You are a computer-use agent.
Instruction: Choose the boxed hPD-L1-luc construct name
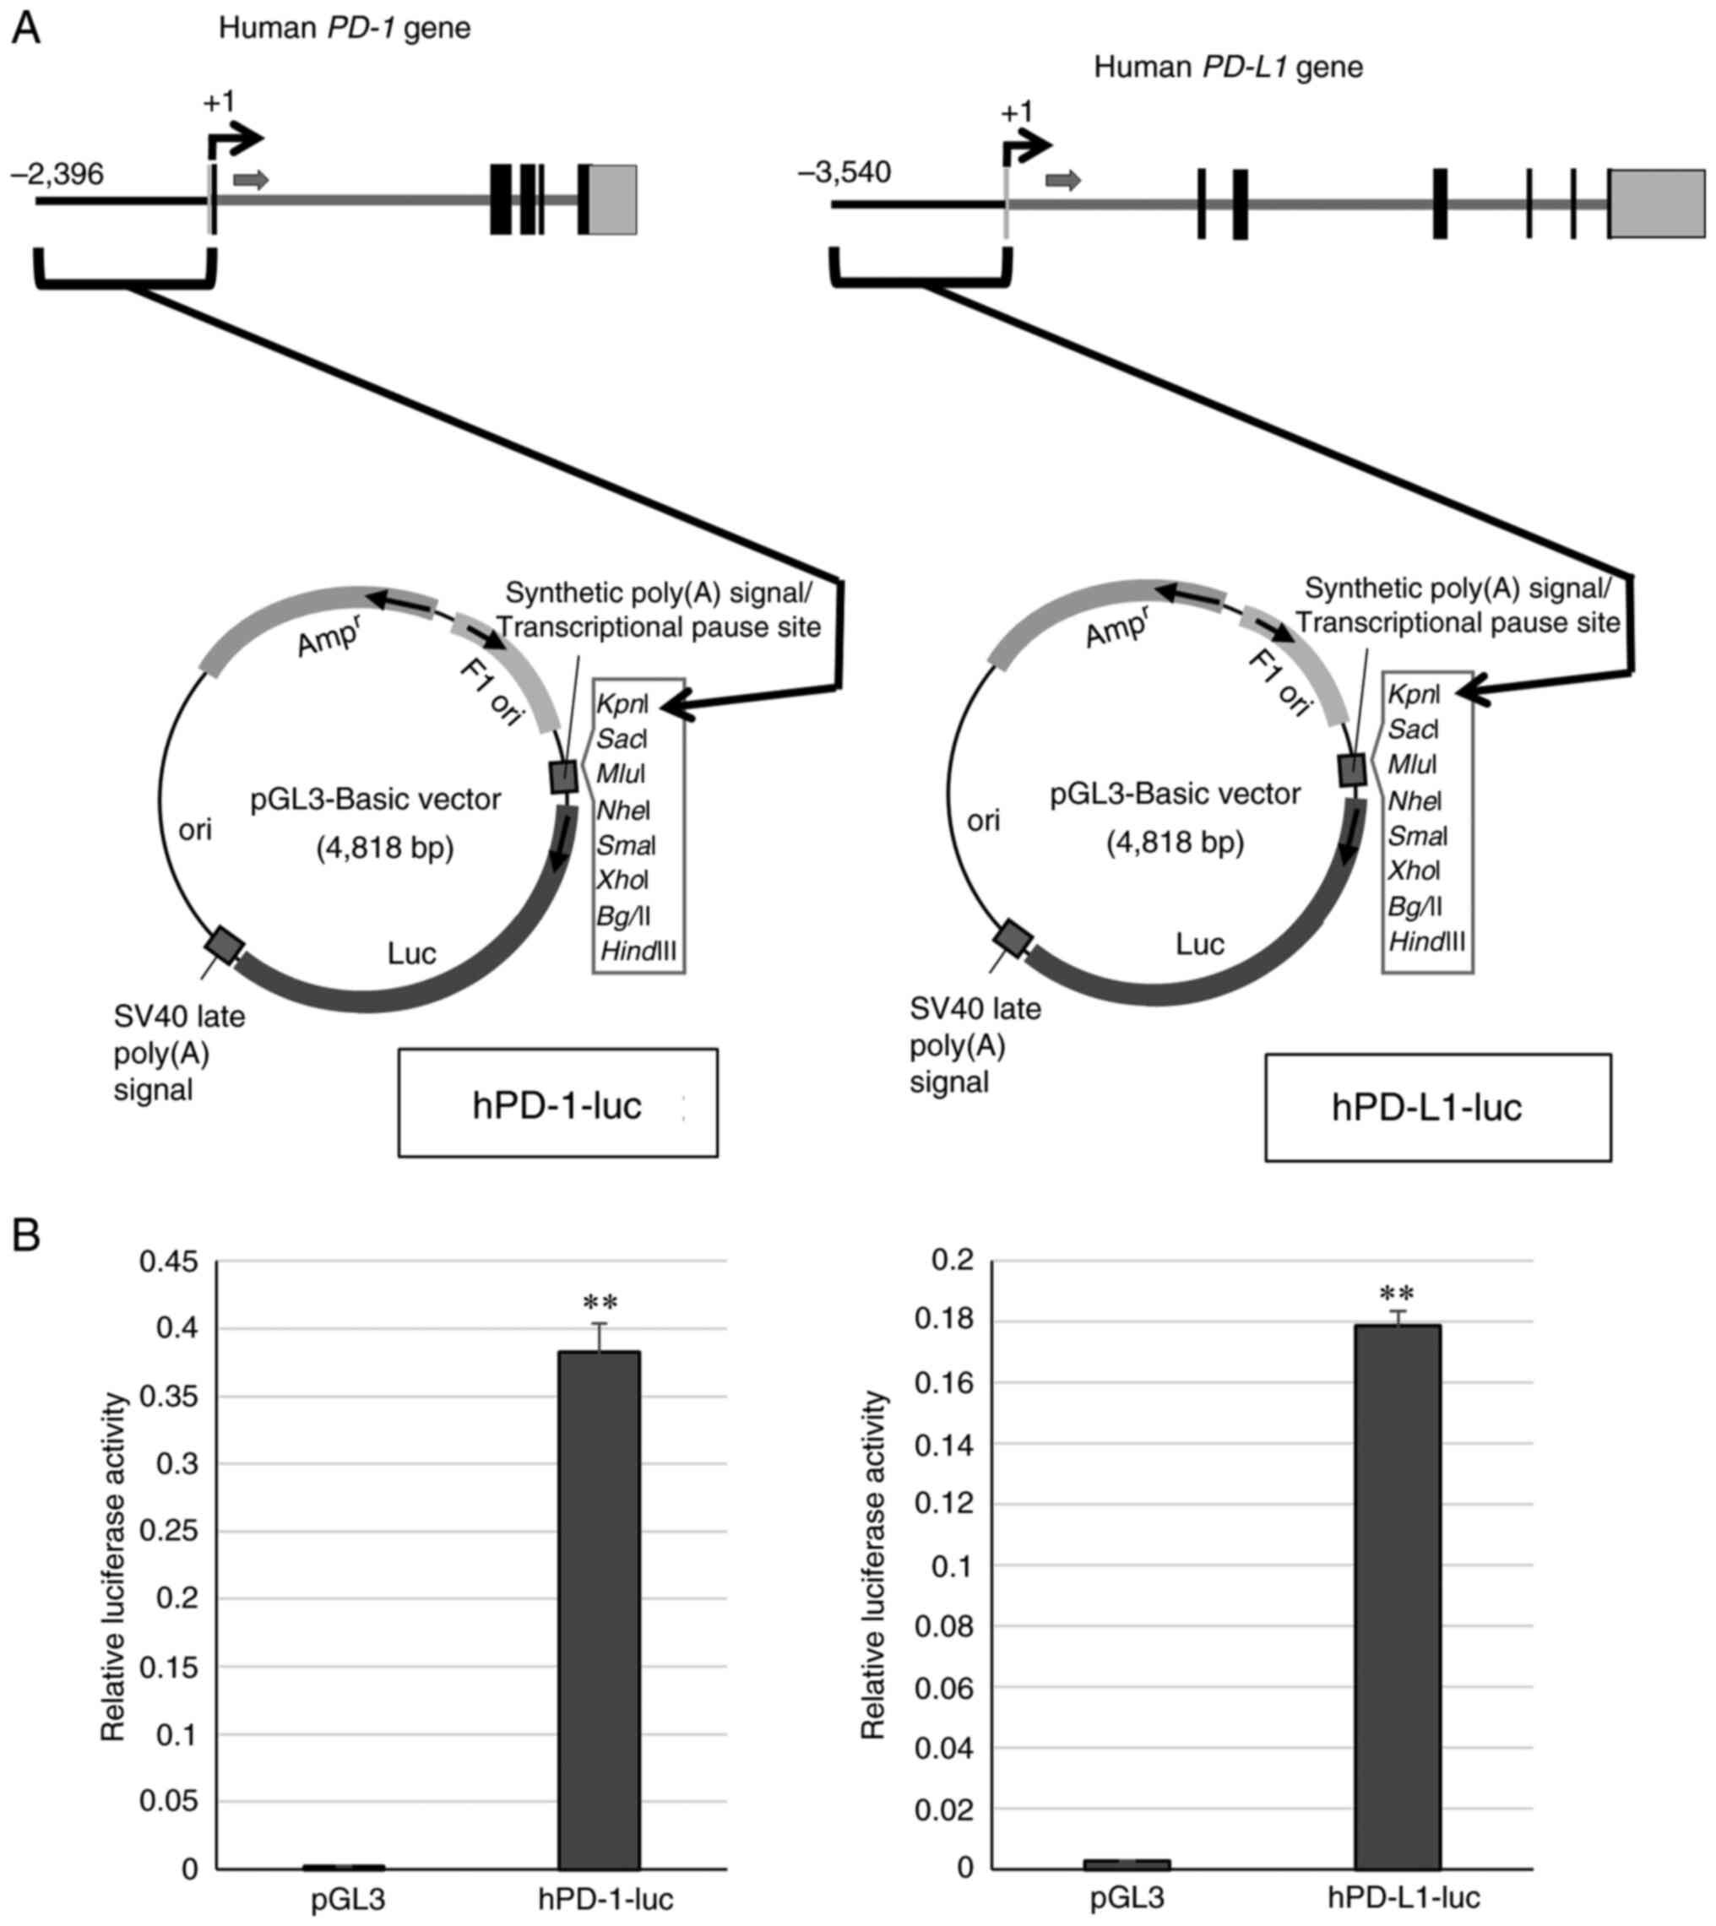pyautogui.click(x=1425, y=1108)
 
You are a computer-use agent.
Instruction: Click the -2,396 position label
pyautogui.click(x=57, y=175)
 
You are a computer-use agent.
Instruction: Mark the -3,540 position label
pyautogui.click(x=844, y=173)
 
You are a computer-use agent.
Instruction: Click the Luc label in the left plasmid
pyautogui.click(x=412, y=953)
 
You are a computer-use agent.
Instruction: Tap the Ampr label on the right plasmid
pyautogui.click(x=1116, y=627)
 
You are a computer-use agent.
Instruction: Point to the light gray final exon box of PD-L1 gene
pyautogui.click(x=1657, y=203)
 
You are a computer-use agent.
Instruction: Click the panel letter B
pyautogui.click(x=25, y=1235)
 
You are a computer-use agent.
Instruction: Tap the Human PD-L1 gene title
pyautogui.click(x=1228, y=67)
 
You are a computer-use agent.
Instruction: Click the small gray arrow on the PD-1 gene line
pyautogui.click(x=251, y=180)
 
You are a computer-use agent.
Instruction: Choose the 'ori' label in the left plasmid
pyautogui.click(x=195, y=830)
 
